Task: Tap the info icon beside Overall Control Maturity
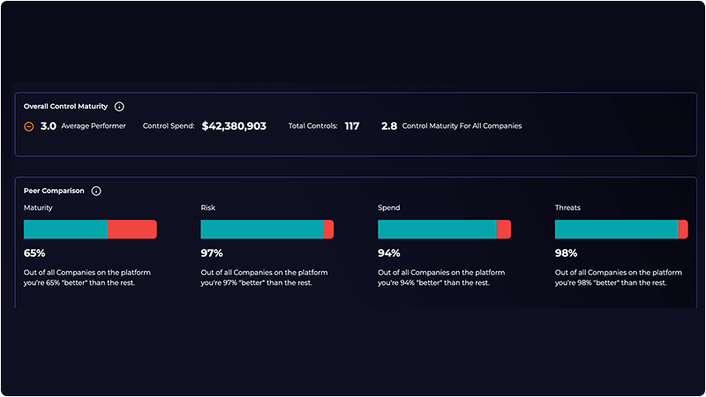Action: click(119, 106)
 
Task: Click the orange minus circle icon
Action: click(29, 126)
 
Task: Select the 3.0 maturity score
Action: click(49, 126)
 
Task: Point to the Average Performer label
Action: click(94, 126)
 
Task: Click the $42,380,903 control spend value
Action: click(234, 126)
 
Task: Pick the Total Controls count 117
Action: click(351, 126)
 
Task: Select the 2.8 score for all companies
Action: click(388, 126)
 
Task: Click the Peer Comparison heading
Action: click(54, 191)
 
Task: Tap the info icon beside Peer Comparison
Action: click(96, 191)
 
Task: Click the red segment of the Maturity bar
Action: click(131, 229)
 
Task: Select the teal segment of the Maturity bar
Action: click(65, 229)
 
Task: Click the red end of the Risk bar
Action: click(328, 229)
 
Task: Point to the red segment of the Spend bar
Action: click(504, 229)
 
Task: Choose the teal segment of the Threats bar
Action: click(616, 229)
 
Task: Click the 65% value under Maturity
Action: click(34, 252)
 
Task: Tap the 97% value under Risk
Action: click(212, 252)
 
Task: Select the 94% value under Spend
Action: click(389, 252)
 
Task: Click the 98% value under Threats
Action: click(566, 252)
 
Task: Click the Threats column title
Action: click(567, 208)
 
